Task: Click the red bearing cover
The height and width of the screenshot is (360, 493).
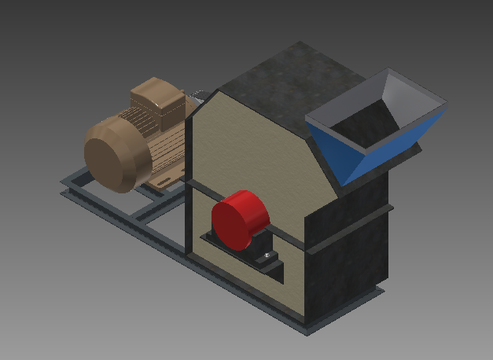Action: (x=238, y=219)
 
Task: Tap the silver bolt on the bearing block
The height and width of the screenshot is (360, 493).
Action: (x=268, y=255)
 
